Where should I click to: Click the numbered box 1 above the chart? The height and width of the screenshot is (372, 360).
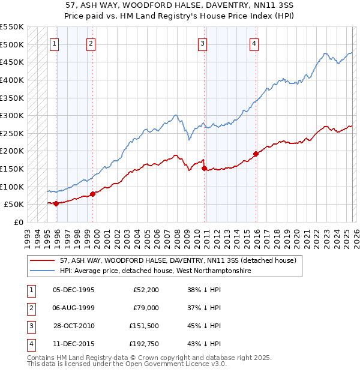point(55,43)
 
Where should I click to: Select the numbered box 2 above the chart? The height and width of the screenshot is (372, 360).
point(91,43)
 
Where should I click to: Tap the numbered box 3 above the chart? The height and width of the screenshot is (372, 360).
point(203,43)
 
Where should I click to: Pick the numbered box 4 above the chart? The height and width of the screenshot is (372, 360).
point(254,43)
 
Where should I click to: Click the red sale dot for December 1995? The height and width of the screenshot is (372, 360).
point(56,203)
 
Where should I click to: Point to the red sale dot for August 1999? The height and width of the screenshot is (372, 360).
point(92,194)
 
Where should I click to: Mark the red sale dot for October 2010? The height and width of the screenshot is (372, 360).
point(204,169)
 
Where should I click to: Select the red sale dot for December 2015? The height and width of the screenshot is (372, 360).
point(256,154)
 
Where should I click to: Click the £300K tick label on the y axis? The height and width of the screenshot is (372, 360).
point(11,115)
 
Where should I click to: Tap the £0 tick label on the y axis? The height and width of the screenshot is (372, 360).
point(18,222)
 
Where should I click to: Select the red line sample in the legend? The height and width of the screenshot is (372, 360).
point(42,261)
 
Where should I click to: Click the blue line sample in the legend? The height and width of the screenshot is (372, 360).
point(42,271)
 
